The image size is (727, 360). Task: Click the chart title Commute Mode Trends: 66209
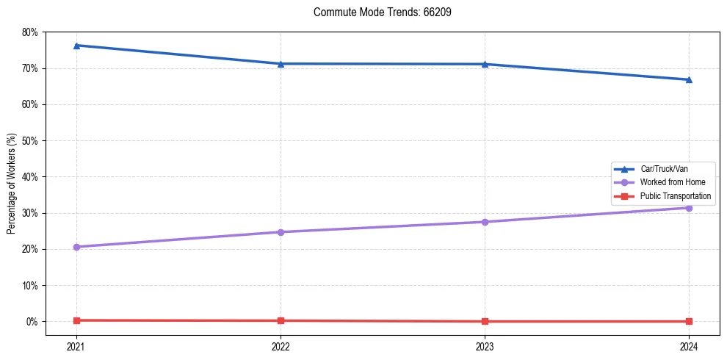(x=377, y=12)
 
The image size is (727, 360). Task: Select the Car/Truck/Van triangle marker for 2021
(x=76, y=46)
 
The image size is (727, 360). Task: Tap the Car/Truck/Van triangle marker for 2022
(x=281, y=64)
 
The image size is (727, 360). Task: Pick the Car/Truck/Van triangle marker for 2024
(x=689, y=79)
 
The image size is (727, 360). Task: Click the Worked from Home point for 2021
(x=76, y=247)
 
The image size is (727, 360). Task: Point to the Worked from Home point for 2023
(x=485, y=222)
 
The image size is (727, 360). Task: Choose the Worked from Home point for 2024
(x=689, y=208)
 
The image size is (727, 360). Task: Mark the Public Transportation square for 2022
(x=281, y=320)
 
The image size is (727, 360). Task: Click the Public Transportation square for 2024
(x=689, y=321)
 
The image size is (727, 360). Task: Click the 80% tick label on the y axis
(x=30, y=32)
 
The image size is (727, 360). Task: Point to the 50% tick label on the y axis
(x=30, y=140)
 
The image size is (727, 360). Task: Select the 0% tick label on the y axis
(x=32, y=322)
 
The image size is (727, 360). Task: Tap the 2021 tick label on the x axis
(x=76, y=345)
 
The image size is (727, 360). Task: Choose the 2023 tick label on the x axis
(x=485, y=345)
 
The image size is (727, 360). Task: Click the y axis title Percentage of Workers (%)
(x=12, y=184)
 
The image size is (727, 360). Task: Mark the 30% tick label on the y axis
(x=30, y=213)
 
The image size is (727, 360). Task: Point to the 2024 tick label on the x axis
(x=689, y=345)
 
